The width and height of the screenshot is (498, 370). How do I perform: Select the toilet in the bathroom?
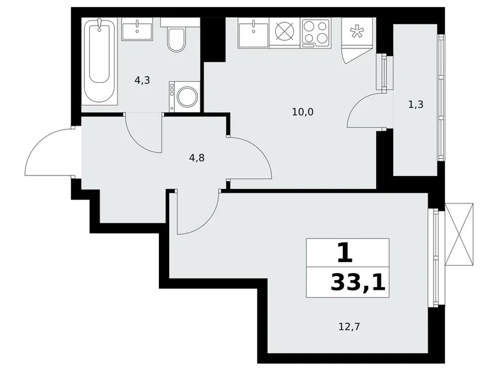tap(176, 38)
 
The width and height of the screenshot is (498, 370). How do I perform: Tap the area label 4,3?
tap(142, 80)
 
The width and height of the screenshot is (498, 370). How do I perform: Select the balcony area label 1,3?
tap(416, 104)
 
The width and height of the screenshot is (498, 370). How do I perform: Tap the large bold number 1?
tap(345, 254)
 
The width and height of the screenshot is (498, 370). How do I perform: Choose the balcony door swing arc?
tap(363, 110)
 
